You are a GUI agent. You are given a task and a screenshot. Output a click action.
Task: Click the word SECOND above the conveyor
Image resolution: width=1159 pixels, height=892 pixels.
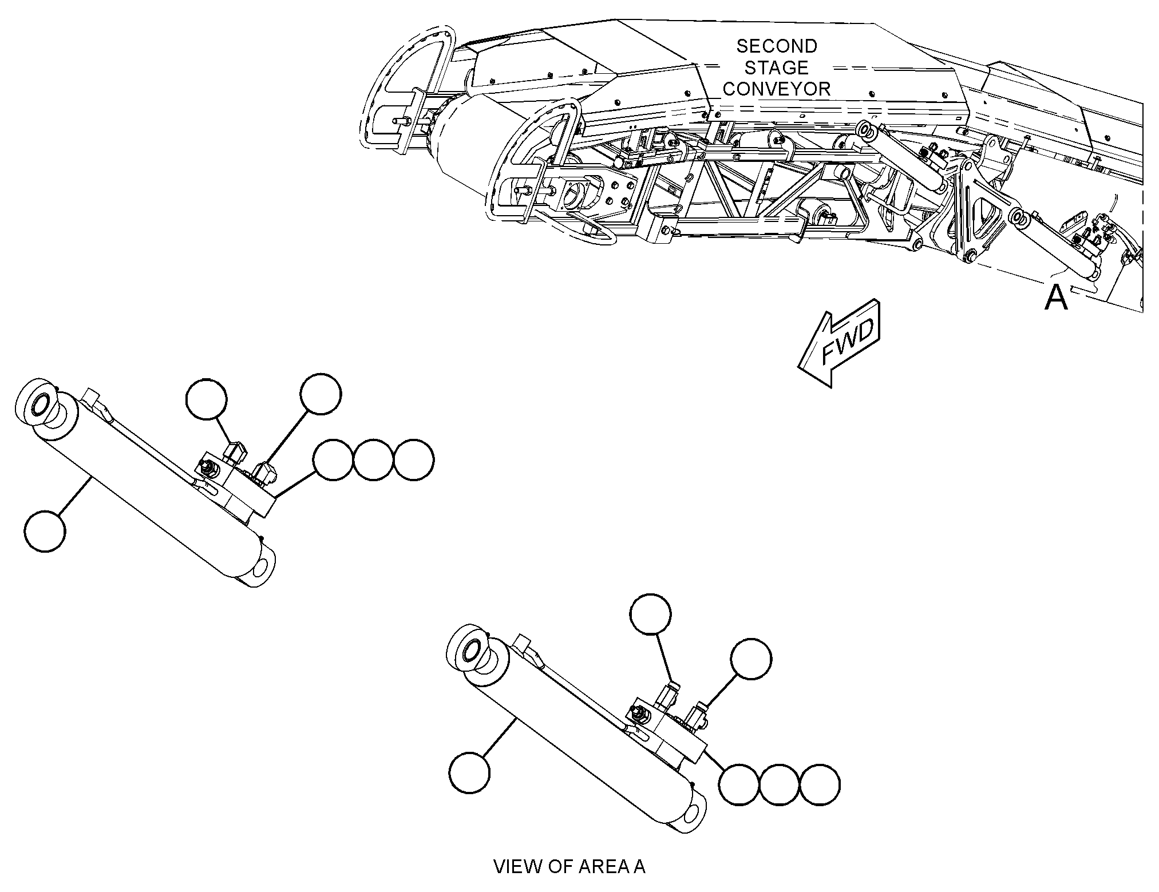776,46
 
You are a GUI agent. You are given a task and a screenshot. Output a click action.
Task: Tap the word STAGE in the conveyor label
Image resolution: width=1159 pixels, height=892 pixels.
776,68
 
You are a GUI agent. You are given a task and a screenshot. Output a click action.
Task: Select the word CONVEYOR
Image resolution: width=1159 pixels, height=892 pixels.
776,89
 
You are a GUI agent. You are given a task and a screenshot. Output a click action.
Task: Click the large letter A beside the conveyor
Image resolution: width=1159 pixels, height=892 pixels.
1056,298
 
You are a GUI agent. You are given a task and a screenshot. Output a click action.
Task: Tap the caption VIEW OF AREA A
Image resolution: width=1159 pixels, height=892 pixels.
569,866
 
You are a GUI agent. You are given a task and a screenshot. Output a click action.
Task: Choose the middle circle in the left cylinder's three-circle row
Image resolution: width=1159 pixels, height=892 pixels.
374,460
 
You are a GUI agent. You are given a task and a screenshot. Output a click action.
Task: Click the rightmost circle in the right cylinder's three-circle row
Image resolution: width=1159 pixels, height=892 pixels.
820,786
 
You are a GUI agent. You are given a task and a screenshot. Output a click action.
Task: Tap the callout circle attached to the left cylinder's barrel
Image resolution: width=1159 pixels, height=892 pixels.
45,532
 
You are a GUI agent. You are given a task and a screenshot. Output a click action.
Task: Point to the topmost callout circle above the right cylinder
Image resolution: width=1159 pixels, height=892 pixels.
650,614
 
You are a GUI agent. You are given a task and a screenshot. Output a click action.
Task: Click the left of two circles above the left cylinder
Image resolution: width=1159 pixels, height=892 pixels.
207,399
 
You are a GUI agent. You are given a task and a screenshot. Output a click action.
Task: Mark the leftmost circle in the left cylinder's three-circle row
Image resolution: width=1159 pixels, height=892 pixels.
333,460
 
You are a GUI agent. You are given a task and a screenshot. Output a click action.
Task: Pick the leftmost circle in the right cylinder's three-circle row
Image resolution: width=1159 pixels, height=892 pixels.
739,786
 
